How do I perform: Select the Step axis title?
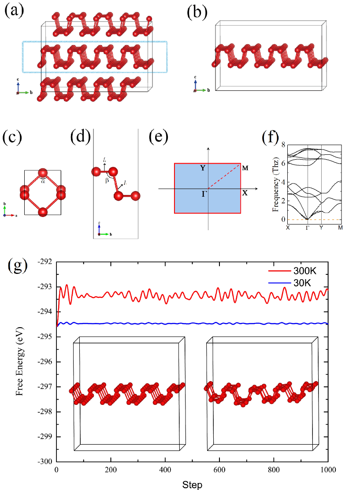[x=193, y=484]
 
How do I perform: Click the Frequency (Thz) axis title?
[x=277, y=181]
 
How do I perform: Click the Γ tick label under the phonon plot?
[x=307, y=227]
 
